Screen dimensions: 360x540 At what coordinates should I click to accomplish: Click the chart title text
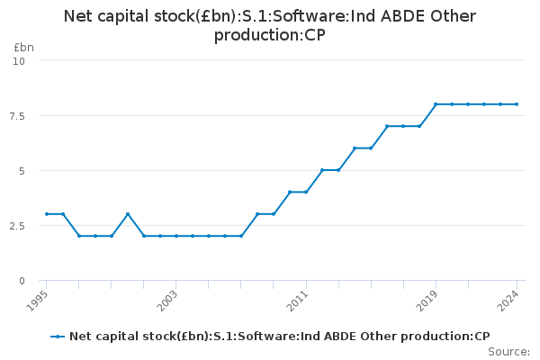270,26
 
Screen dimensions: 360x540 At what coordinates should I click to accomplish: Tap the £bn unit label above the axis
24,47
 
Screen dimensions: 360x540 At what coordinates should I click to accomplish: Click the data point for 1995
47,214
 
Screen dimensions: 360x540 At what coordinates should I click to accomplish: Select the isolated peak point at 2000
128,214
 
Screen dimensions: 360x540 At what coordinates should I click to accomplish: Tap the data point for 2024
517,104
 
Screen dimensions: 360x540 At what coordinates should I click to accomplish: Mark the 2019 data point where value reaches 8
436,104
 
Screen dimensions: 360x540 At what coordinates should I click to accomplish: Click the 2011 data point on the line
306,192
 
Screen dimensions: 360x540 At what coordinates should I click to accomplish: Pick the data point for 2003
176,236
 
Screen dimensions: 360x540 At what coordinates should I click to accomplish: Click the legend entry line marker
58,336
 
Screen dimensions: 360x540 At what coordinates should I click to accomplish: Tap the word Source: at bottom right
508,351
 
